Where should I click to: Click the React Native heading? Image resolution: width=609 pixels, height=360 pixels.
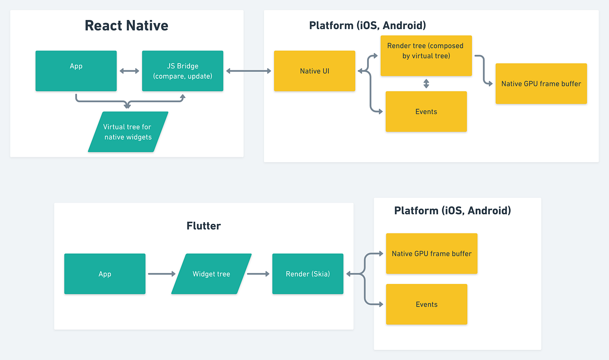[127, 25]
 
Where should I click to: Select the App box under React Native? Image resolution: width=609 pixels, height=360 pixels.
[76, 71]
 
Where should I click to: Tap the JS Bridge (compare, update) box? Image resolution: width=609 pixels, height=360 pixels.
[183, 71]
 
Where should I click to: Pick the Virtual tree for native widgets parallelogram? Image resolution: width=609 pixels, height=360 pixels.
[128, 132]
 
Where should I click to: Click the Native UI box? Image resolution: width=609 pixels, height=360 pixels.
[315, 71]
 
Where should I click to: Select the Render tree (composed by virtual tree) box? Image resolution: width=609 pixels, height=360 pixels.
[426, 56]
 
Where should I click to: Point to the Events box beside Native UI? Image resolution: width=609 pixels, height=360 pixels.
[426, 111]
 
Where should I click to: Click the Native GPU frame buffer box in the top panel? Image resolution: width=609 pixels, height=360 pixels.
[541, 83]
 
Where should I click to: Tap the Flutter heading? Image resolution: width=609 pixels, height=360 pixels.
[204, 226]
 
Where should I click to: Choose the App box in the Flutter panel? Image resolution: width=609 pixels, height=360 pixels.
[105, 274]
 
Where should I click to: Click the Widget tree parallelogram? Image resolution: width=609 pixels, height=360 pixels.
[211, 274]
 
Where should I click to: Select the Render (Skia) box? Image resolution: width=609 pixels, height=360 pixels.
[308, 274]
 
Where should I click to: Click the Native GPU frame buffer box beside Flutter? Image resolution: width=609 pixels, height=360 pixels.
[432, 253]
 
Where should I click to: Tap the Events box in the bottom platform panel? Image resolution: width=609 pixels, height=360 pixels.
[426, 304]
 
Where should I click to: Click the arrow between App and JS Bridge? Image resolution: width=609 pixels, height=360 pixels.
[129, 71]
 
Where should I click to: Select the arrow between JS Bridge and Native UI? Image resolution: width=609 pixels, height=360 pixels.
[248, 71]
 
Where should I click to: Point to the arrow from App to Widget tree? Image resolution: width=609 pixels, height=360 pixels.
[161, 274]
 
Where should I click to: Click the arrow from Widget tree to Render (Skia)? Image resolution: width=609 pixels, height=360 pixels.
[258, 274]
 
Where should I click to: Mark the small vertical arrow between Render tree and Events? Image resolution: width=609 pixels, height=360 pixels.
[426, 83]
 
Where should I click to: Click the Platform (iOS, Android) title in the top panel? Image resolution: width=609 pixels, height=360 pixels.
[367, 26]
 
